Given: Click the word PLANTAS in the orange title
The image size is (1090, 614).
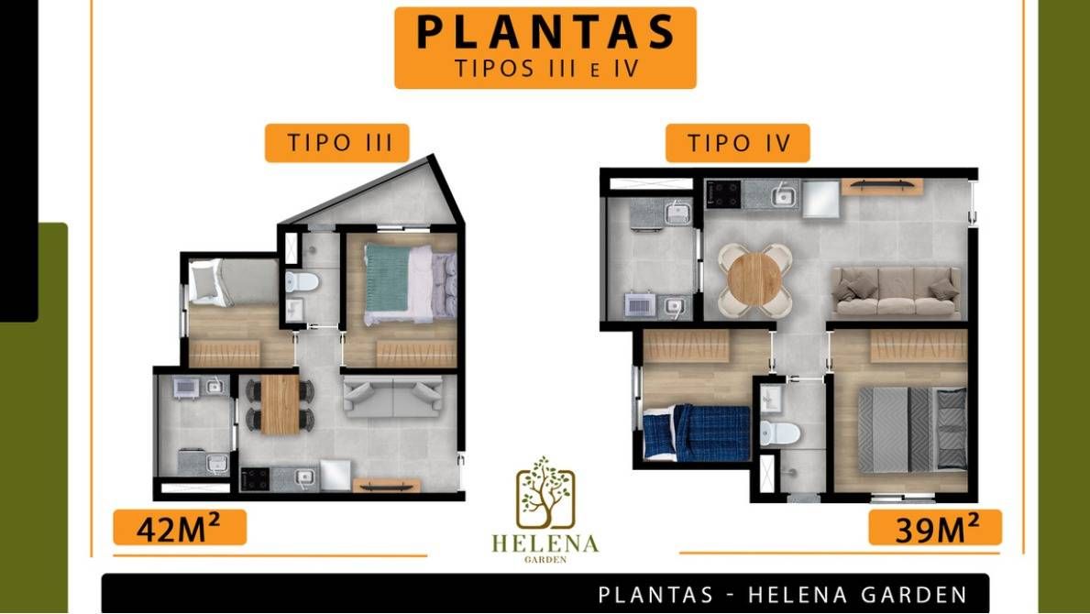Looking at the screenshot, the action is point(545,33).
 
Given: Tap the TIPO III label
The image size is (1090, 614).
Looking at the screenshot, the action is point(337,143).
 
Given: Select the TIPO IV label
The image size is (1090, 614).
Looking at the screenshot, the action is point(738,143).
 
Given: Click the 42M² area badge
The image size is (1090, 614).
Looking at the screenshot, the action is point(180,528).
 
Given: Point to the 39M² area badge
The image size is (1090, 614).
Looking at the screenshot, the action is point(935,528).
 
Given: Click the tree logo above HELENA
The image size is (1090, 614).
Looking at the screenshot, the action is point(545,492).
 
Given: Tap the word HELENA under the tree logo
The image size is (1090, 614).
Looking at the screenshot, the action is point(545,543).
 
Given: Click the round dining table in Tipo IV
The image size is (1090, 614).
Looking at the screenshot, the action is point(755,280).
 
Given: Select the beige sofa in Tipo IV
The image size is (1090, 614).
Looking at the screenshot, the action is point(896,291).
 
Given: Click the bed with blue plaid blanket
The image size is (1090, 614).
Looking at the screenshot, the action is point(697,432).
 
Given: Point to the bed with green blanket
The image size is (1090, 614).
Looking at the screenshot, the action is point(410,279).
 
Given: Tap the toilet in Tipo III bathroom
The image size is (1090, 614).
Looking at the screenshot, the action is point(302,281).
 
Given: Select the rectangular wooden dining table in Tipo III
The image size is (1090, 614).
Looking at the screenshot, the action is point(281,404).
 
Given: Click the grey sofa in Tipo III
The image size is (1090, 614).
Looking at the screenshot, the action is point(393,397).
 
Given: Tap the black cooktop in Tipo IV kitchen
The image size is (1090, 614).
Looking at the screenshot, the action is point(723,193).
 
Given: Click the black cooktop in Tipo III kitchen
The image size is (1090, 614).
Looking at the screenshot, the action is point(255,477).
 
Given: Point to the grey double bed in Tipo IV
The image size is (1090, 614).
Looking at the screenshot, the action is point(912,430).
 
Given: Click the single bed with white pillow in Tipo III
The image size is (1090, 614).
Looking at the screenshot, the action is point(233,282).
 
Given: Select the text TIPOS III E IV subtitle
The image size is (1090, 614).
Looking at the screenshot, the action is point(545,69).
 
